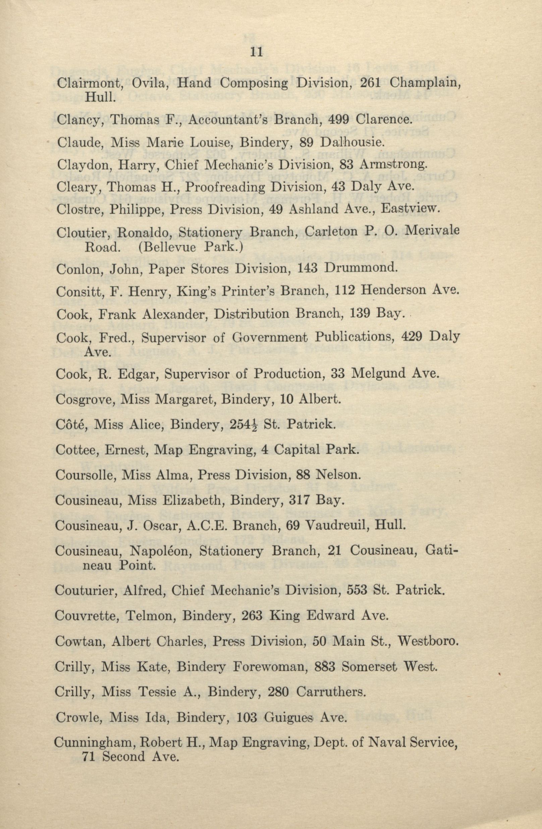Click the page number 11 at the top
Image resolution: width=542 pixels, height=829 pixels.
click(256, 52)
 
